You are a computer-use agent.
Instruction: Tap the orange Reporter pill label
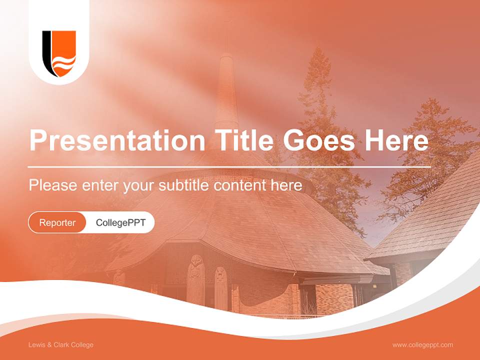tap(57, 222)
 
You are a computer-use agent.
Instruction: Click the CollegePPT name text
tap(120, 222)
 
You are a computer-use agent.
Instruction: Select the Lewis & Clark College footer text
tap(61, 345)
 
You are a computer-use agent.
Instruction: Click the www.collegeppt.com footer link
tap(422, 345)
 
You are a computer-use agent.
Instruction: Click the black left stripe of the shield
tap(46, 52)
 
